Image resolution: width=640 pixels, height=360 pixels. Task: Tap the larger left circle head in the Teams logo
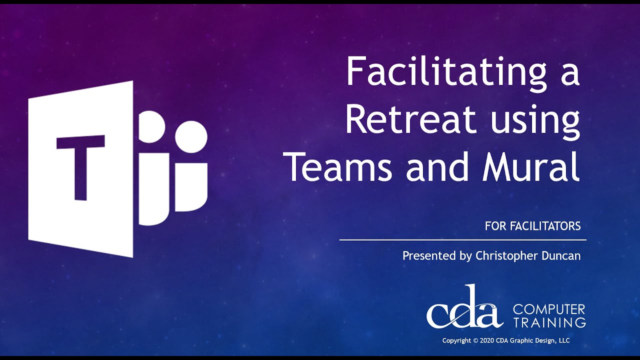coord(151,126)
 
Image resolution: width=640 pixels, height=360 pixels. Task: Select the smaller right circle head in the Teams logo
coord(191,136)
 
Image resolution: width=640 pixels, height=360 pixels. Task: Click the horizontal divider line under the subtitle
coord(463,240)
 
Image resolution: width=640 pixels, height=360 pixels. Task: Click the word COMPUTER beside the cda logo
coord(549,309)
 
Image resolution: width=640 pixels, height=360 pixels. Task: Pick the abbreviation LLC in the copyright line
coord(564,340)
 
